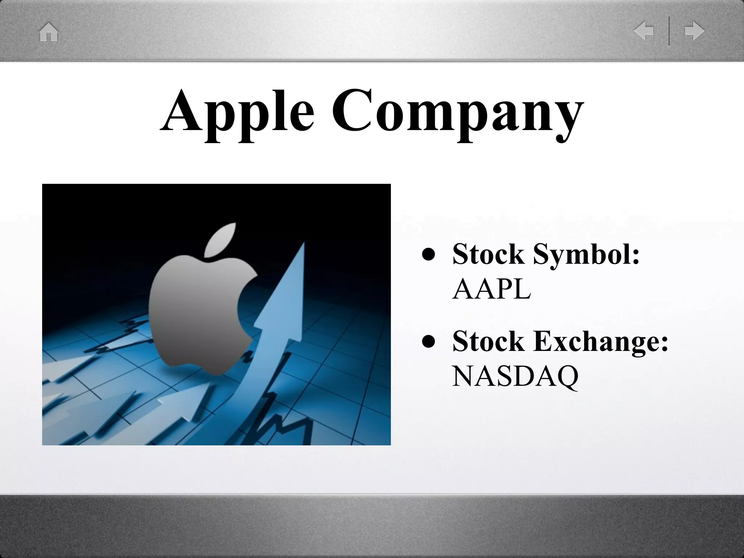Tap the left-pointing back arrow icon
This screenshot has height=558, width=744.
click(x=644, y=31)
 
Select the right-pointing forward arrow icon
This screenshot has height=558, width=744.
click(x=694, y=31)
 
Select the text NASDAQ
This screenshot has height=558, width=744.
click(x=515, y=376)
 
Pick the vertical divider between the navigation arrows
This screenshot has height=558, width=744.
click(x=669, y=31)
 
